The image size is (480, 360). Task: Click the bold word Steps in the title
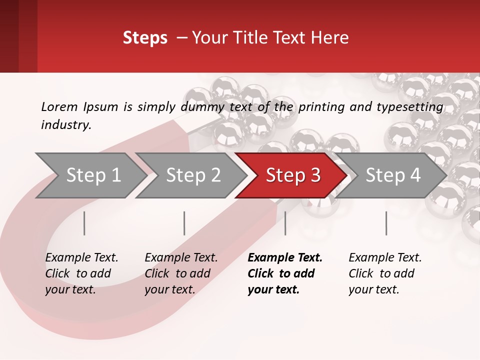tap(145, 38)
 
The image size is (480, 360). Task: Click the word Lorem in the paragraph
tap(59, 106)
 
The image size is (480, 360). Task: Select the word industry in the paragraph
tap(65, 125)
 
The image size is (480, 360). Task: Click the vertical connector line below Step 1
tap(84, 223)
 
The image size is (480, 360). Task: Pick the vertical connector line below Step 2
tap(184, 223)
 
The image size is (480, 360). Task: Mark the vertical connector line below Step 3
tap(285, 223)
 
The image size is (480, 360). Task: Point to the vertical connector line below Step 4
tap(386, 223)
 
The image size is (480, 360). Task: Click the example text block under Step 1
tap(81, 273)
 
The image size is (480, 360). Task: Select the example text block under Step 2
tap(181, 273)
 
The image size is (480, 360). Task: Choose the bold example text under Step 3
tap(284, 273)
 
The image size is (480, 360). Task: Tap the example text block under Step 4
tap(385, 273)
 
